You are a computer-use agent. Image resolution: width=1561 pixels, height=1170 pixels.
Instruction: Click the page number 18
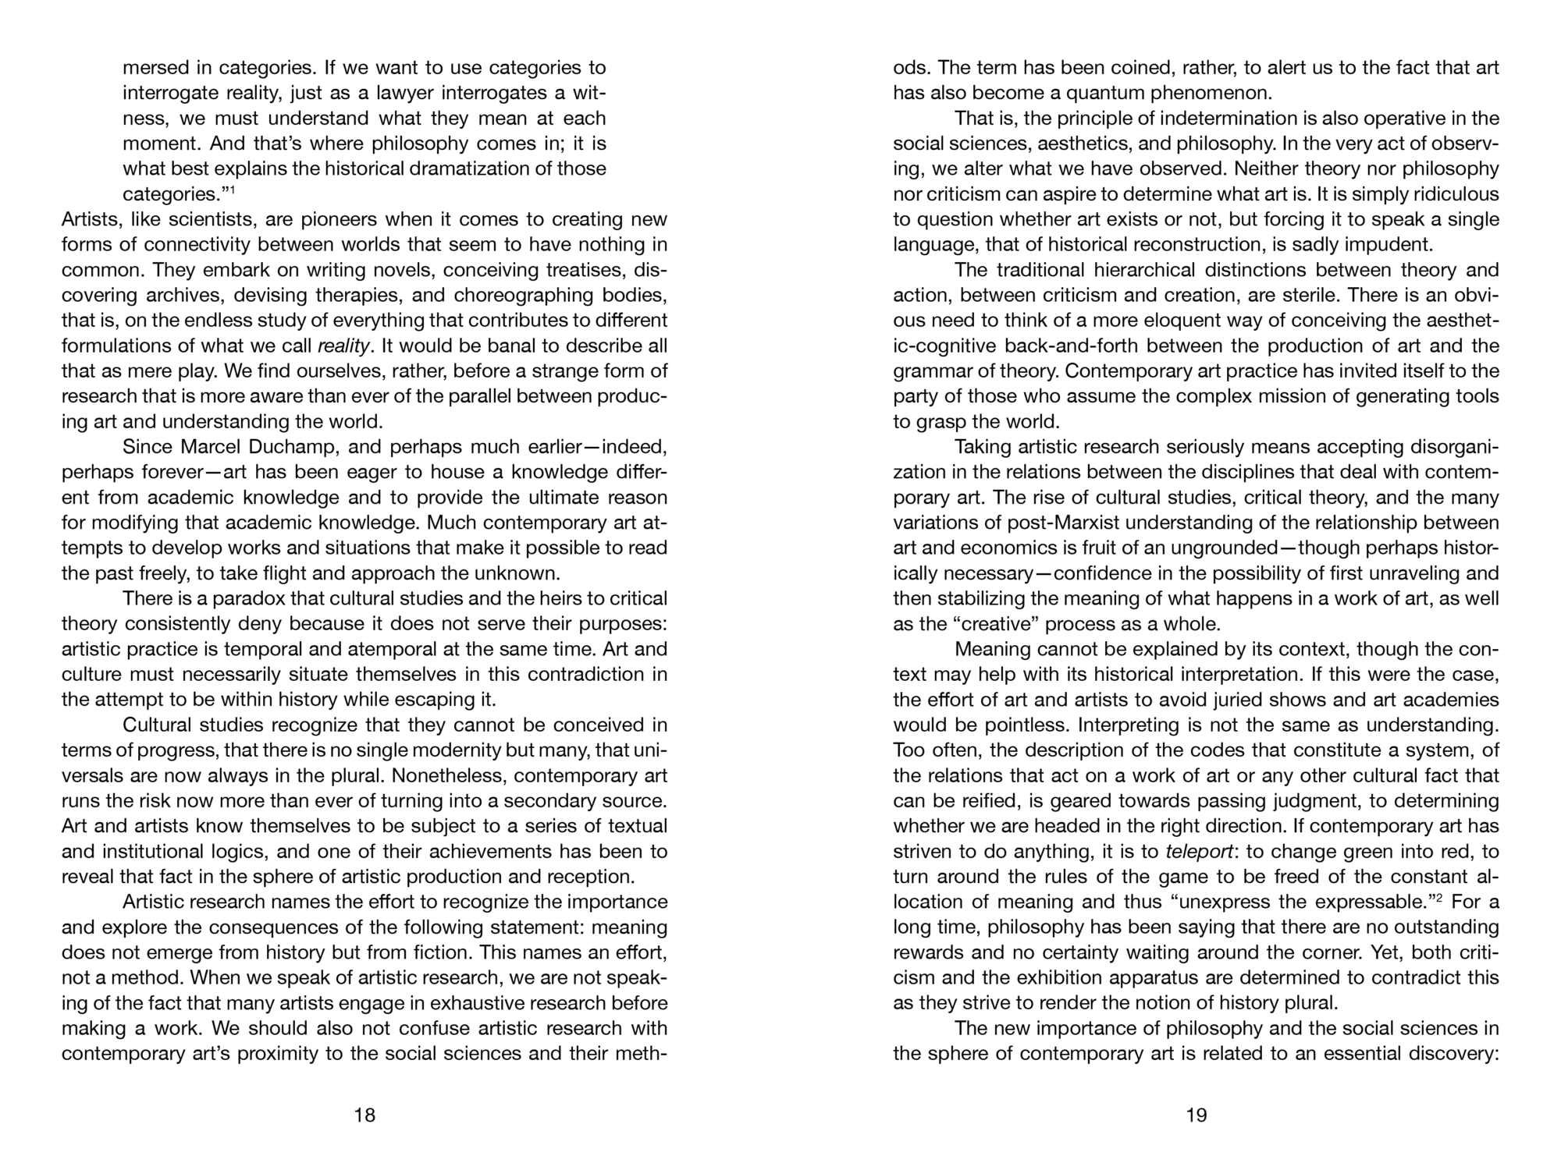pos(364,1115)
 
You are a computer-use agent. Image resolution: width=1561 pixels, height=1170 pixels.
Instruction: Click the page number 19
pos(1197,1115)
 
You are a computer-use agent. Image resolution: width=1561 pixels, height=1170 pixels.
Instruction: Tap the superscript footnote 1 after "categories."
pos(233,189)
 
